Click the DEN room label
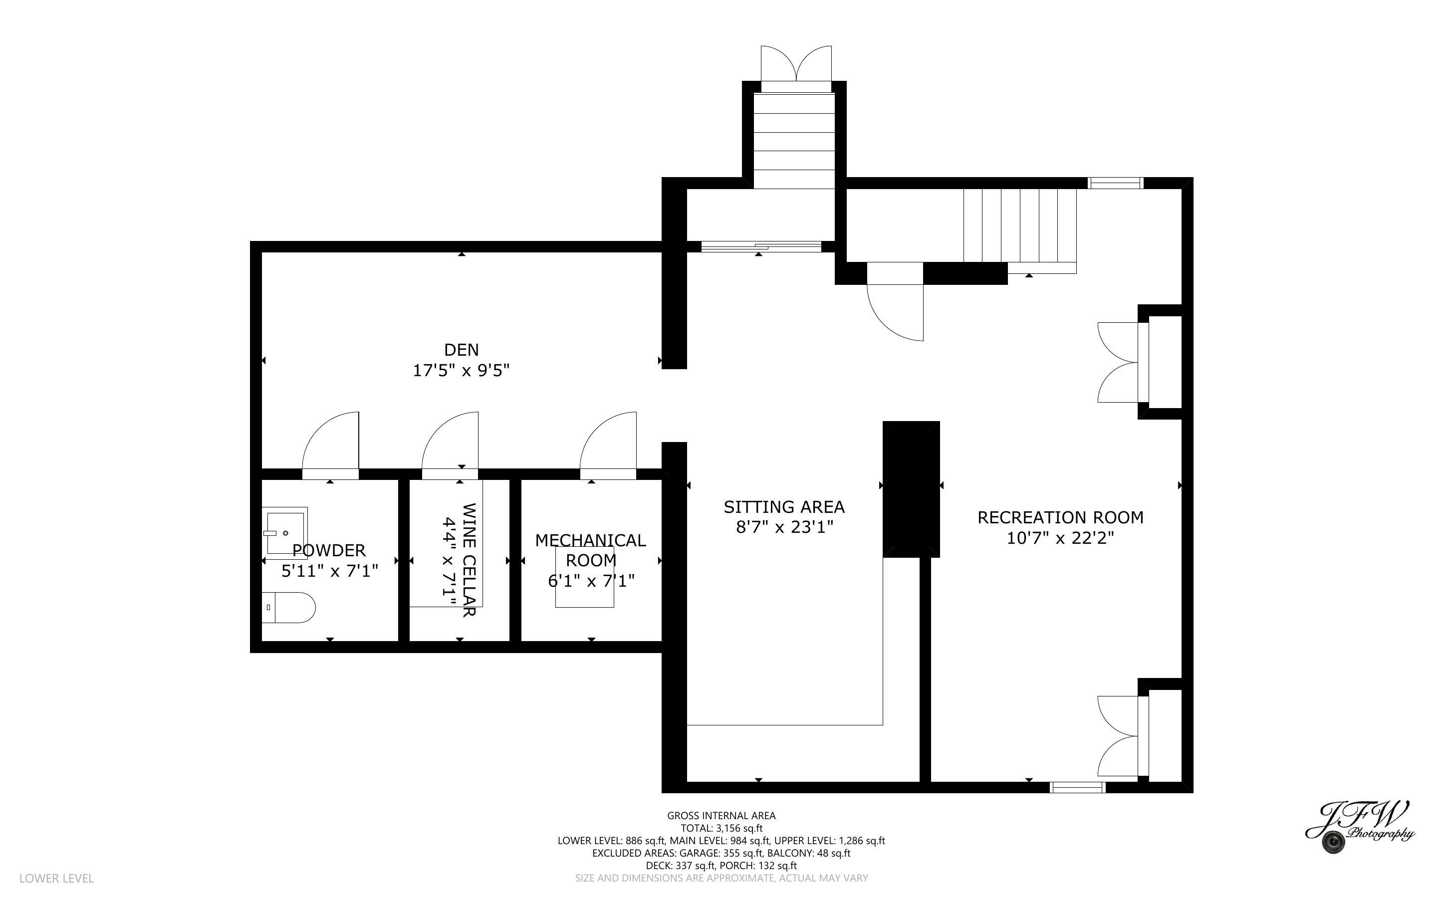click(461, 350)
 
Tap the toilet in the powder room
click(289, 607)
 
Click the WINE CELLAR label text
click(469, 560)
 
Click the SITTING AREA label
click(784, 507)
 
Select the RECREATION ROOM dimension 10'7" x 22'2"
click(1060, 538)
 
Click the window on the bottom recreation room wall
click(1077, 787)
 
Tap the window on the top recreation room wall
click(1115, 183)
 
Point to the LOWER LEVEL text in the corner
click(57, 878)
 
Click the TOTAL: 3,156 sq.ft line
click(722, 828)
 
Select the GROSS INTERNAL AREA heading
click(721, 816)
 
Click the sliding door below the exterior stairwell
click(760, 246)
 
